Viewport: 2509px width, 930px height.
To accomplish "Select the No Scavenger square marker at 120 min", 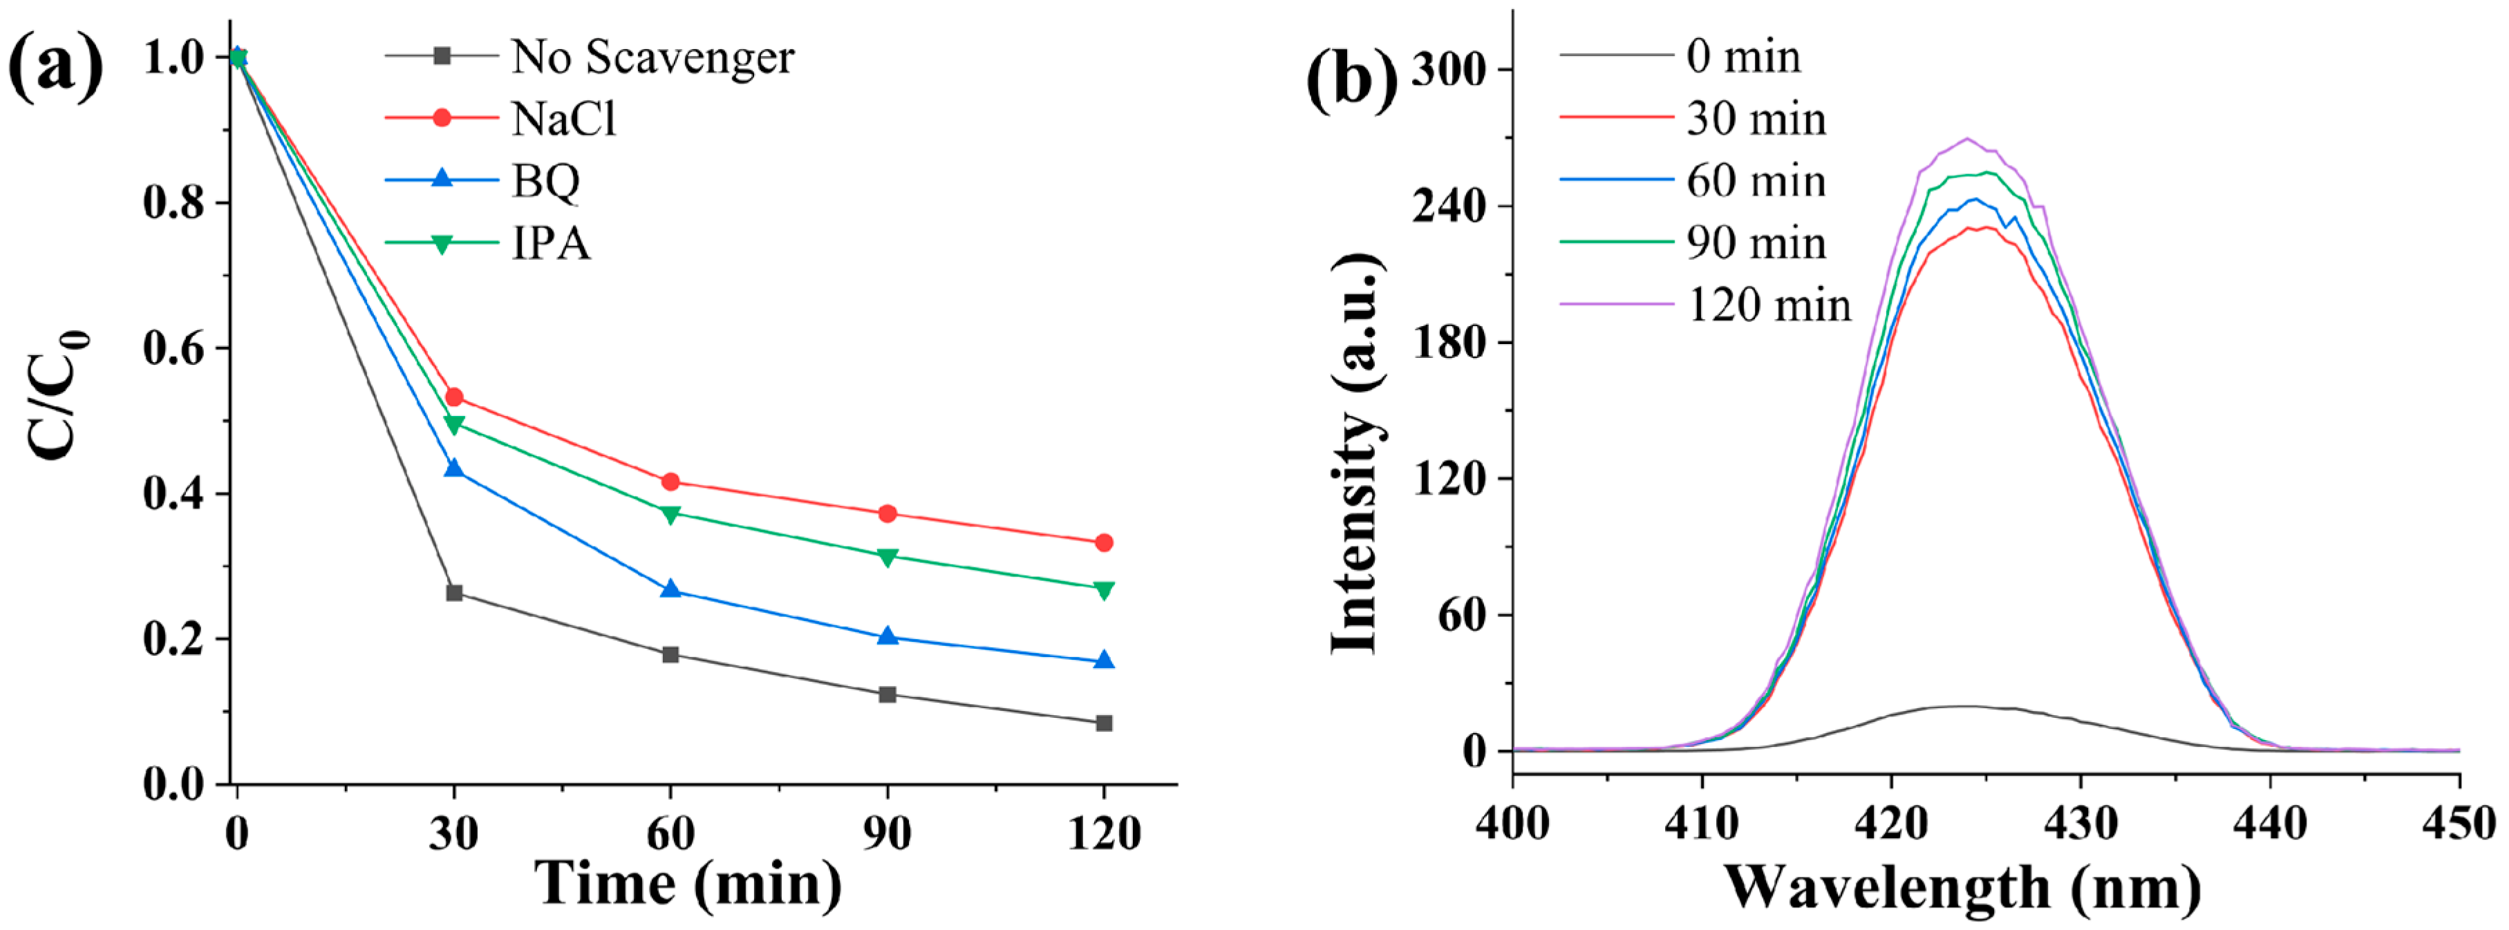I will click(x=1104, y=723).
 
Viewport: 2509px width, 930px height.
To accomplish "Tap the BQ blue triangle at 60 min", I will click(x=670, y=589).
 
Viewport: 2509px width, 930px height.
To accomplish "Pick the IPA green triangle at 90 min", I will click(x=886, y=557).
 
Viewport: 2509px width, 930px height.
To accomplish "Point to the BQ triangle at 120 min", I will click(x=1104, y=661).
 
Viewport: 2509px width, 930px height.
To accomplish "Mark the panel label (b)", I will click(x=1352, y=78).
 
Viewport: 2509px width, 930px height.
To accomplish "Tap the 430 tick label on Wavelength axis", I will click(x=2080, y=825).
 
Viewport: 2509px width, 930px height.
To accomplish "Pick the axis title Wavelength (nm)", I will click(x=1962, y=887).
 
